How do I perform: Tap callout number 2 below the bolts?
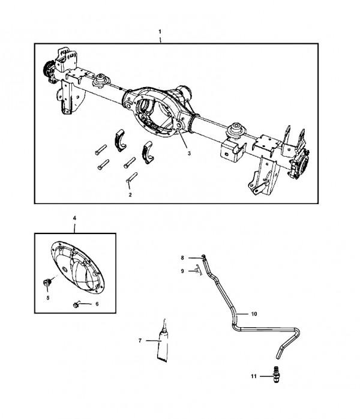click(130, 194)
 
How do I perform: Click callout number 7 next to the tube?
click(139, 340)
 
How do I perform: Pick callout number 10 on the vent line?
click(254, 314)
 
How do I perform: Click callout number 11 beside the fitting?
click(254, 376)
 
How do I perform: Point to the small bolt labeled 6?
click(79, 304)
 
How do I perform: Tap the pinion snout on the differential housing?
click(182, 93)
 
